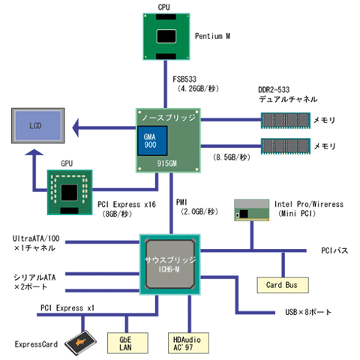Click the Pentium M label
point(212,36)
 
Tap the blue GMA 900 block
point(152,141)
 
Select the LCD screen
point(38,126)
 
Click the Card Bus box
point(283,285)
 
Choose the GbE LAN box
point(127,343)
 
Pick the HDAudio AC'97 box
point(188,343)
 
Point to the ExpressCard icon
point(80,342)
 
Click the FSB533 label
point(184,79)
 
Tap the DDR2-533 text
point(274,90)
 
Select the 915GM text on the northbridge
point(166,163)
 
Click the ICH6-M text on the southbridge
point(169,269)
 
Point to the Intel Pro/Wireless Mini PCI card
point(252,210)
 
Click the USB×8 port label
point(308,312)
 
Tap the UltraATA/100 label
point(36,238)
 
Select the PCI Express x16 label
point(127,205)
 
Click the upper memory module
point(286,121)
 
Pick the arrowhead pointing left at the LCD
point(76,127)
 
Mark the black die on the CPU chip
point(166,36)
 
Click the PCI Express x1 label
point(67,308)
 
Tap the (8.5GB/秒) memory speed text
point(232,157)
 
